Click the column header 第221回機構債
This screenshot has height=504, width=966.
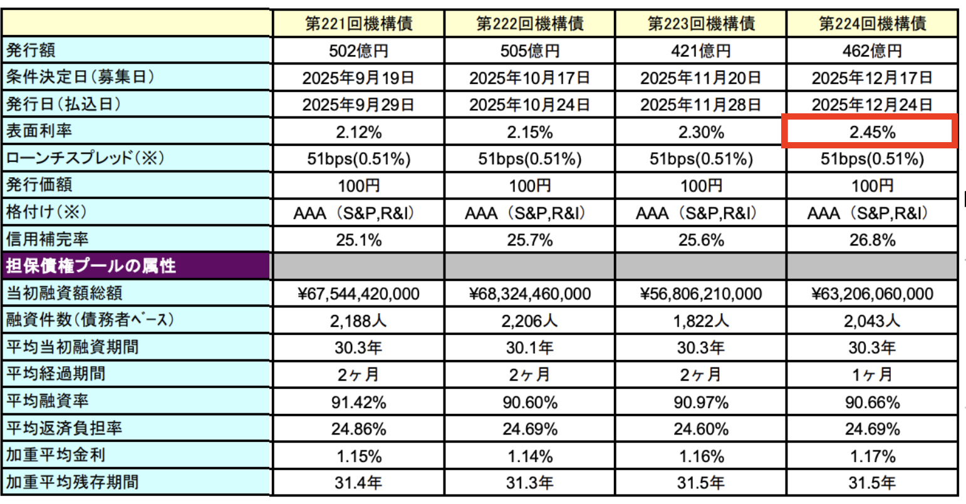[x=358, y=24]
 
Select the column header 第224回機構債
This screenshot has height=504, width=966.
[x=872, y=24]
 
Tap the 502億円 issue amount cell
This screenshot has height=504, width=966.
[x=358, y=51]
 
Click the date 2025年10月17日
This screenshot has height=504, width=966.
[x=529, y=78]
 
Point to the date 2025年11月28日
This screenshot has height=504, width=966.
[x=700, y=105]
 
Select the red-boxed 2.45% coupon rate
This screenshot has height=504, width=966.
[x=872, y=132]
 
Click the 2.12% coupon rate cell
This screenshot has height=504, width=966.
[x=358, y=132]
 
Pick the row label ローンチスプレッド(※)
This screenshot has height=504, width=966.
[x=85, y=158]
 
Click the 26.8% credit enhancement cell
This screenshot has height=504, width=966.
[x=872, y=240]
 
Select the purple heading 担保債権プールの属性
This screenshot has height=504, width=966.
[x=91, y=266]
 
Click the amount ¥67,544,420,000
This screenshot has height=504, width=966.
[x=358, y=294]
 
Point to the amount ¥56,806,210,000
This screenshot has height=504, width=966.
[x=700, y=294]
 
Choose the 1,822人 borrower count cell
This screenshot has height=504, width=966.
[x=700, y=321]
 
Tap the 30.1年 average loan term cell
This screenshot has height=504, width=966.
[x=529, y=347]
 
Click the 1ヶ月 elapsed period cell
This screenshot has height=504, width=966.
[x=872, y=374]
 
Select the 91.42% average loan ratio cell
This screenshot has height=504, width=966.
[x=358, y=402]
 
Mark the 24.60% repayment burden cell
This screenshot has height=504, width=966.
[x=700, y=429]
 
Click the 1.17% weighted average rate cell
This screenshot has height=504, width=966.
[x=872, y=456]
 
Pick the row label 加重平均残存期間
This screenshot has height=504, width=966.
[x=72, y=482]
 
